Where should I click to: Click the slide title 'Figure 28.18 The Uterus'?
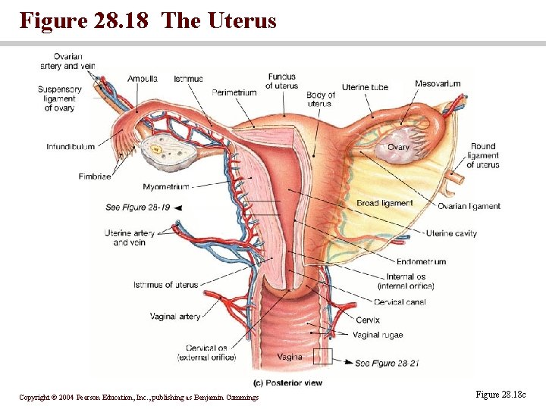pyautogui.click(x=148, y=20)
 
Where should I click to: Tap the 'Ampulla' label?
pyautogui.click(x=143, y=79)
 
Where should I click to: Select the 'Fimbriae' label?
pyautogui.click(x=94, y=176)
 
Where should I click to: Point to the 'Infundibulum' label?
pyautogui.click(x=71, y=147)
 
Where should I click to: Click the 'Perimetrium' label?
pyautogui.click(x=234, y=92)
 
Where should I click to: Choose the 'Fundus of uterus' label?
pyautogui.click(x=281, y=81)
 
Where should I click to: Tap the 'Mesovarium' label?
pyautogui.click(x=438, y=83)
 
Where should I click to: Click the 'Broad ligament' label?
pyautogui.click(x=384, y=203)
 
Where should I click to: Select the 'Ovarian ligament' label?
pyautogui.click(x=469, y=206)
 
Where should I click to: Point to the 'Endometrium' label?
pyautogui.click(x=421, y=262)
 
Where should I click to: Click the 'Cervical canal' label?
pyautogui.click(x=400, y=302)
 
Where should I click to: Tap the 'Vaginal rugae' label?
pyautogui.click(x=378, y=335)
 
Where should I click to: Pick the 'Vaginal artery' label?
pyautogui.click(x=175, y=317)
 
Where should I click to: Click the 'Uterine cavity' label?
pyautogui.click(x=451, y=233)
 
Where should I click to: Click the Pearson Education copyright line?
pyautogui.click(x=139, y=397)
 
